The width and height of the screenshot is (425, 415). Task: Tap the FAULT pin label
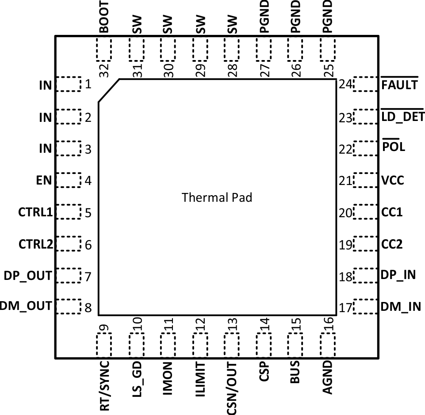(400, 84)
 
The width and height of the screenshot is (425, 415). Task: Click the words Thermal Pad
(217, 197)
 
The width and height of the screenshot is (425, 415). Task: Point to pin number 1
(88, 84)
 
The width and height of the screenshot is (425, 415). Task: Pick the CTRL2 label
(35, 244)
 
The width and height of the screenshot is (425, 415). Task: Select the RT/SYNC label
(104, 386)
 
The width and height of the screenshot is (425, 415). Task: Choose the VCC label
(393, 181)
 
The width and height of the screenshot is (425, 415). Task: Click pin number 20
(345, 213)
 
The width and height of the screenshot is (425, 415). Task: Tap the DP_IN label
(398, 275)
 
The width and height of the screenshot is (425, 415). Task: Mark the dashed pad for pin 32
(104, 49)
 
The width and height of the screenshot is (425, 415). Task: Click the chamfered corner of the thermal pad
(108, 91)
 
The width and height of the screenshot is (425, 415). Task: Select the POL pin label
(394, 147)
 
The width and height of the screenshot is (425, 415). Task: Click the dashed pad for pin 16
(328, 345)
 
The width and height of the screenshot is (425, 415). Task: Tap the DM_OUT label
(26, 306)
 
